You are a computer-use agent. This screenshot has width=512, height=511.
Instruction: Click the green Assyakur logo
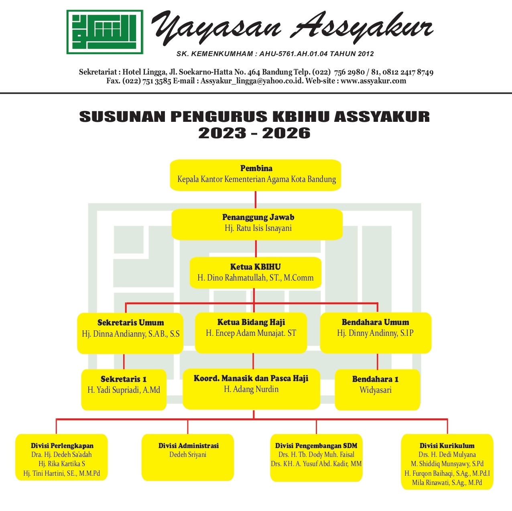105,32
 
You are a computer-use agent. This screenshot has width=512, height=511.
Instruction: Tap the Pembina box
255,175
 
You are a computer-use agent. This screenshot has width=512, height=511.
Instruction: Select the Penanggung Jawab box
257,224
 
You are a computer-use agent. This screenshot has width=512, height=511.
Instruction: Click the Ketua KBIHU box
255,273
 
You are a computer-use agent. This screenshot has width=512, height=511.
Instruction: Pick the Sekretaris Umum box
130,333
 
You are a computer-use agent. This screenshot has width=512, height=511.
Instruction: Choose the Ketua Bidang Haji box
251,333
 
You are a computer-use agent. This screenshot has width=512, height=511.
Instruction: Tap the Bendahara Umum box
376,333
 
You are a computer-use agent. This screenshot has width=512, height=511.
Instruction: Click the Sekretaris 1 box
124,390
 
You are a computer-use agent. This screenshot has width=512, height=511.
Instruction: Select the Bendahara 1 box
377,390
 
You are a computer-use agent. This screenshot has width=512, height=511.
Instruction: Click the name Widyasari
376,390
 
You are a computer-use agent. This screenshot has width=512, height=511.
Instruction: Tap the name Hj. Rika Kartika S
62,463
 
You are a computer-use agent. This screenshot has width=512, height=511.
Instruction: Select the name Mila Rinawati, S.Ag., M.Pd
447,482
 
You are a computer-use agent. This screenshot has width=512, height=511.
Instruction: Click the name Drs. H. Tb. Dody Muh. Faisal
316,454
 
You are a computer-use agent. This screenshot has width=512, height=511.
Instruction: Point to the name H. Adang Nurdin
251,389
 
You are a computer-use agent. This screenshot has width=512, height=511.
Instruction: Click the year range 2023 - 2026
254,133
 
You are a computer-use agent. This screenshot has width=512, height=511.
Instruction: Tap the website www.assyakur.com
373,81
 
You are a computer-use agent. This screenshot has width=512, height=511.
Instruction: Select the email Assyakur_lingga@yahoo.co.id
252,81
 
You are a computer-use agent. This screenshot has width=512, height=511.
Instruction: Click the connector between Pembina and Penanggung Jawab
256,200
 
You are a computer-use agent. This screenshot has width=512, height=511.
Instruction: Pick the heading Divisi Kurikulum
447,445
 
